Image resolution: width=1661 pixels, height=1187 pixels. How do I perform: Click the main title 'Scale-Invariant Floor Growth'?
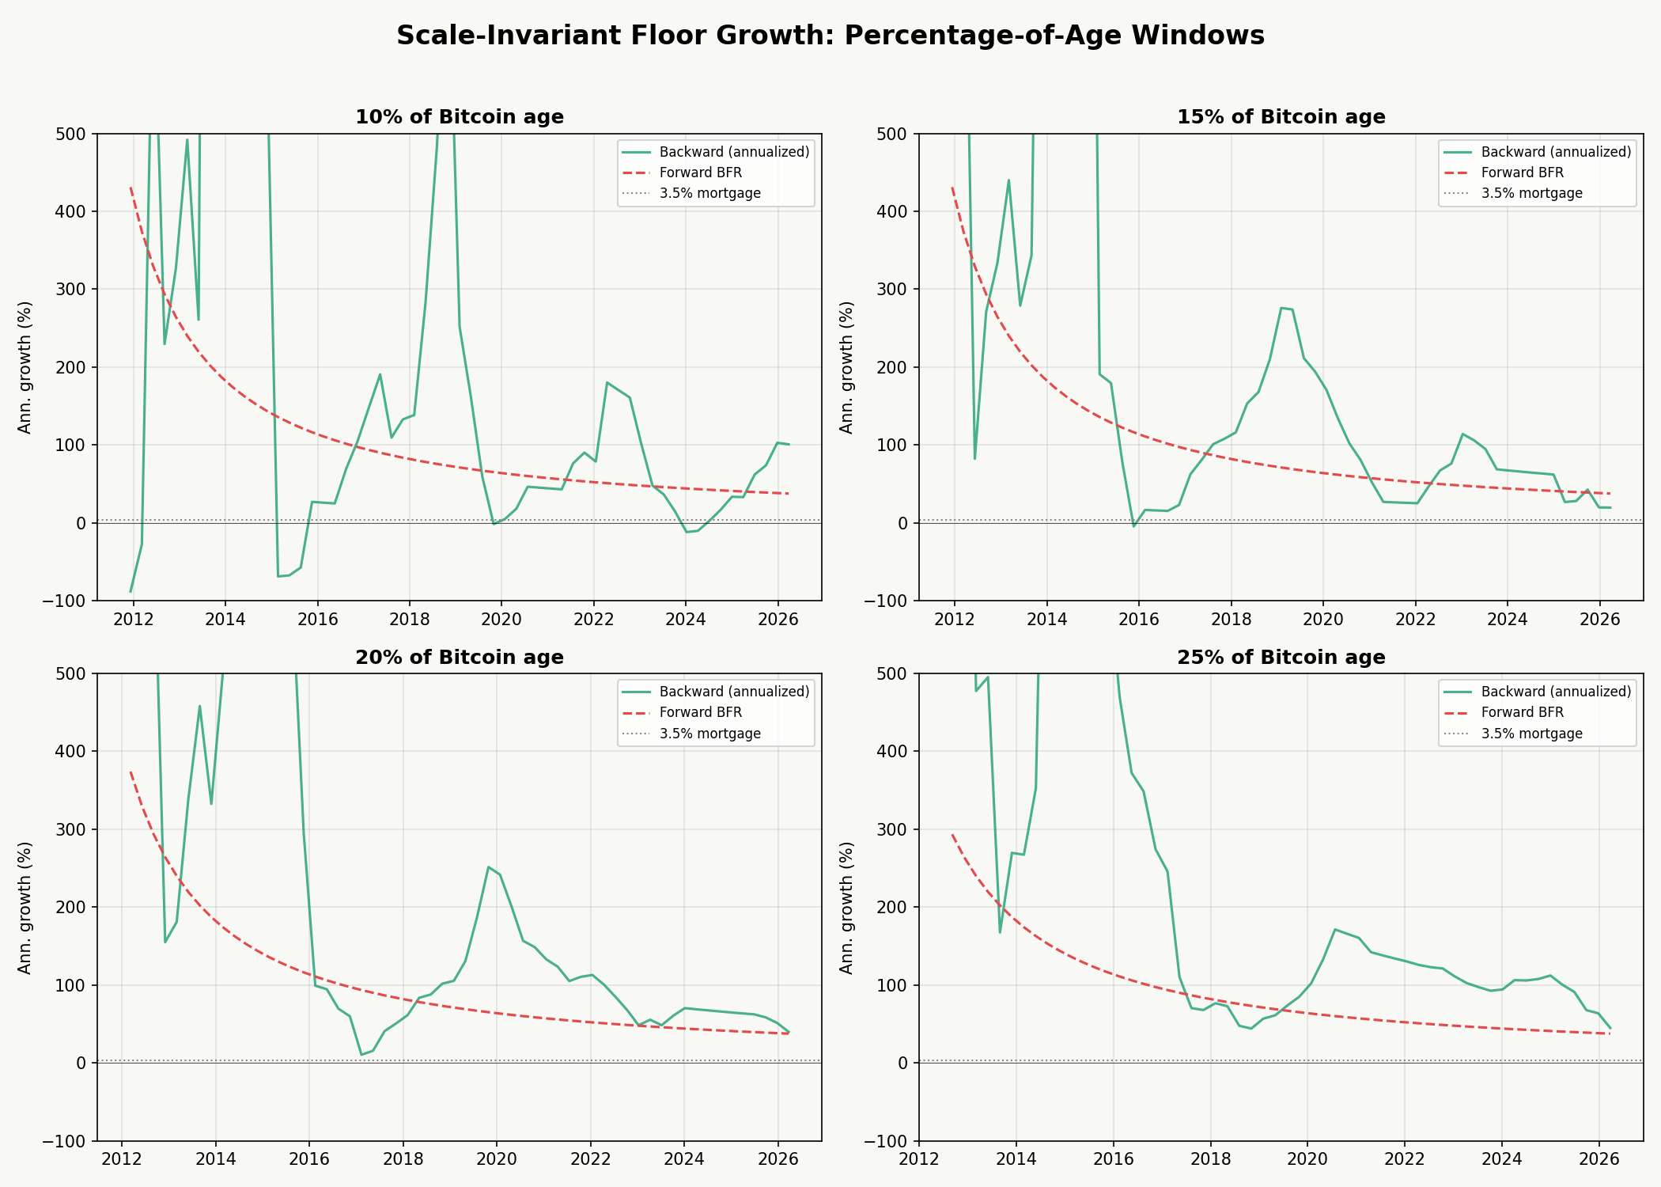tap(830, 36)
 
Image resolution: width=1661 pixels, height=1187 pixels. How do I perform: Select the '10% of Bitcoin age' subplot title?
tap(459, 117)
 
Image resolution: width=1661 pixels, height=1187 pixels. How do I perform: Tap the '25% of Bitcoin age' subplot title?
tap(1281, 658)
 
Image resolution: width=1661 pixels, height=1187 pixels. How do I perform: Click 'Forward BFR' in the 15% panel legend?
tap(1522, 173)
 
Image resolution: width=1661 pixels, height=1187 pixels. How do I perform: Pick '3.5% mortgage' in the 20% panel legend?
tap(709, 734)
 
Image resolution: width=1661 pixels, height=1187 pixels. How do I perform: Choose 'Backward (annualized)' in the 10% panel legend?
tap(733, 152)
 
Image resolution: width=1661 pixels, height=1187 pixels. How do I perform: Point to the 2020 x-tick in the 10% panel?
tap(501, 618)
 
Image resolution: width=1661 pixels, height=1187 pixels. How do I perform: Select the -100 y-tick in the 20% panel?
tap(74, 1141)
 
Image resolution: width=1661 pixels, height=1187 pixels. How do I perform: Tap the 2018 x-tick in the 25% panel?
tap(1209, 1159)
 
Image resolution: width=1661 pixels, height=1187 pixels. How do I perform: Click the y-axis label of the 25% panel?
tap(846, 907)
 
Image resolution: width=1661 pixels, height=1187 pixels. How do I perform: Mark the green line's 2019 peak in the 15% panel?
tap(1281, 308)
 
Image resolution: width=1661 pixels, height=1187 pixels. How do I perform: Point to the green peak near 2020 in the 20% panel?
tap(489, 867)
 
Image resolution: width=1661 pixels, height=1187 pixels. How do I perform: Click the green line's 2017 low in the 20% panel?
tap(361, 1054)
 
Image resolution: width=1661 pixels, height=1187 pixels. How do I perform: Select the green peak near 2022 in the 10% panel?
tap(607, 383)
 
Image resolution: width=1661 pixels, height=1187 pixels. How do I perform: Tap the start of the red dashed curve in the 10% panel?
tap(131, 188)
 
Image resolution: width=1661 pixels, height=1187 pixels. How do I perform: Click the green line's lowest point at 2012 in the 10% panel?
tap(131, 591)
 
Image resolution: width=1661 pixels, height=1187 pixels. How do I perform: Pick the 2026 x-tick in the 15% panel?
tap(1599, 618)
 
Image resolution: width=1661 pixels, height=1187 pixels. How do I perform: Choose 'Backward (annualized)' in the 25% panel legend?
tap(1555, 692)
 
